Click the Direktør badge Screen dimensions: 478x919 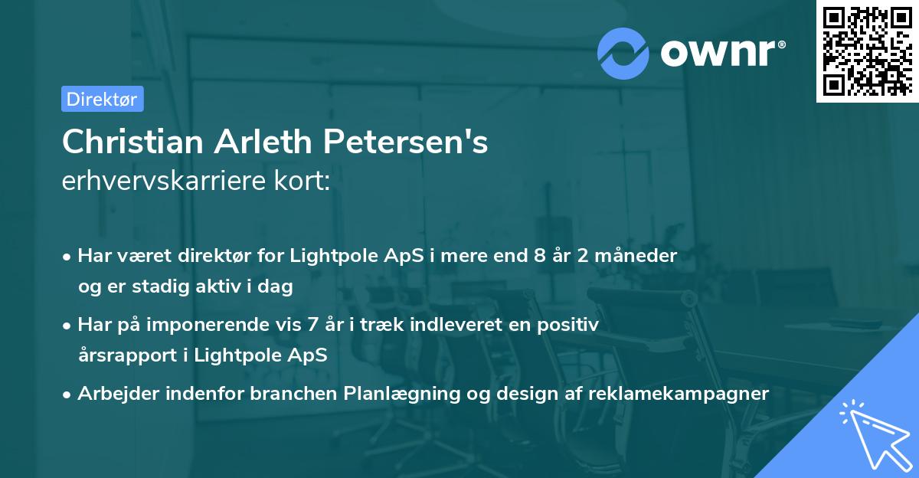point(102,99)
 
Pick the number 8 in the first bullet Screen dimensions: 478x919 point(541,256)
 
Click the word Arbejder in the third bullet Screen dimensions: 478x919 point(110,394)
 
